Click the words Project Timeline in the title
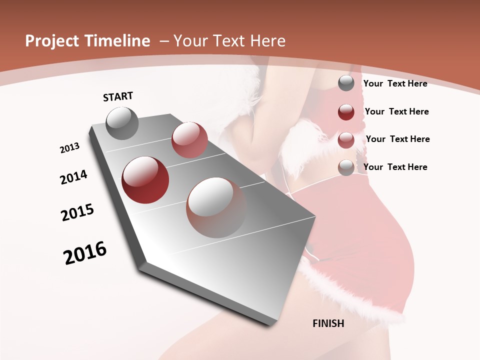(87, 41)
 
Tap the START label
(118, 96)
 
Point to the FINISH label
(328, 323)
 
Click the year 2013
(69, 148)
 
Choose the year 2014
(73, 177)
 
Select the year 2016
(85, 253)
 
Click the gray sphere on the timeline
(122, 123)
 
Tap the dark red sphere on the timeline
(145, 180)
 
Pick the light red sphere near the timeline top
(189, 140)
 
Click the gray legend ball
(346, 83)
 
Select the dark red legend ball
(346, 111)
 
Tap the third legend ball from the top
(346, 140)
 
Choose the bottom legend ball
(346, 167)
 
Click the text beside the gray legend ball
(395, 83)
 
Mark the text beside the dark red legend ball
(396, 111)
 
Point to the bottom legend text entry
(395, 167)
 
